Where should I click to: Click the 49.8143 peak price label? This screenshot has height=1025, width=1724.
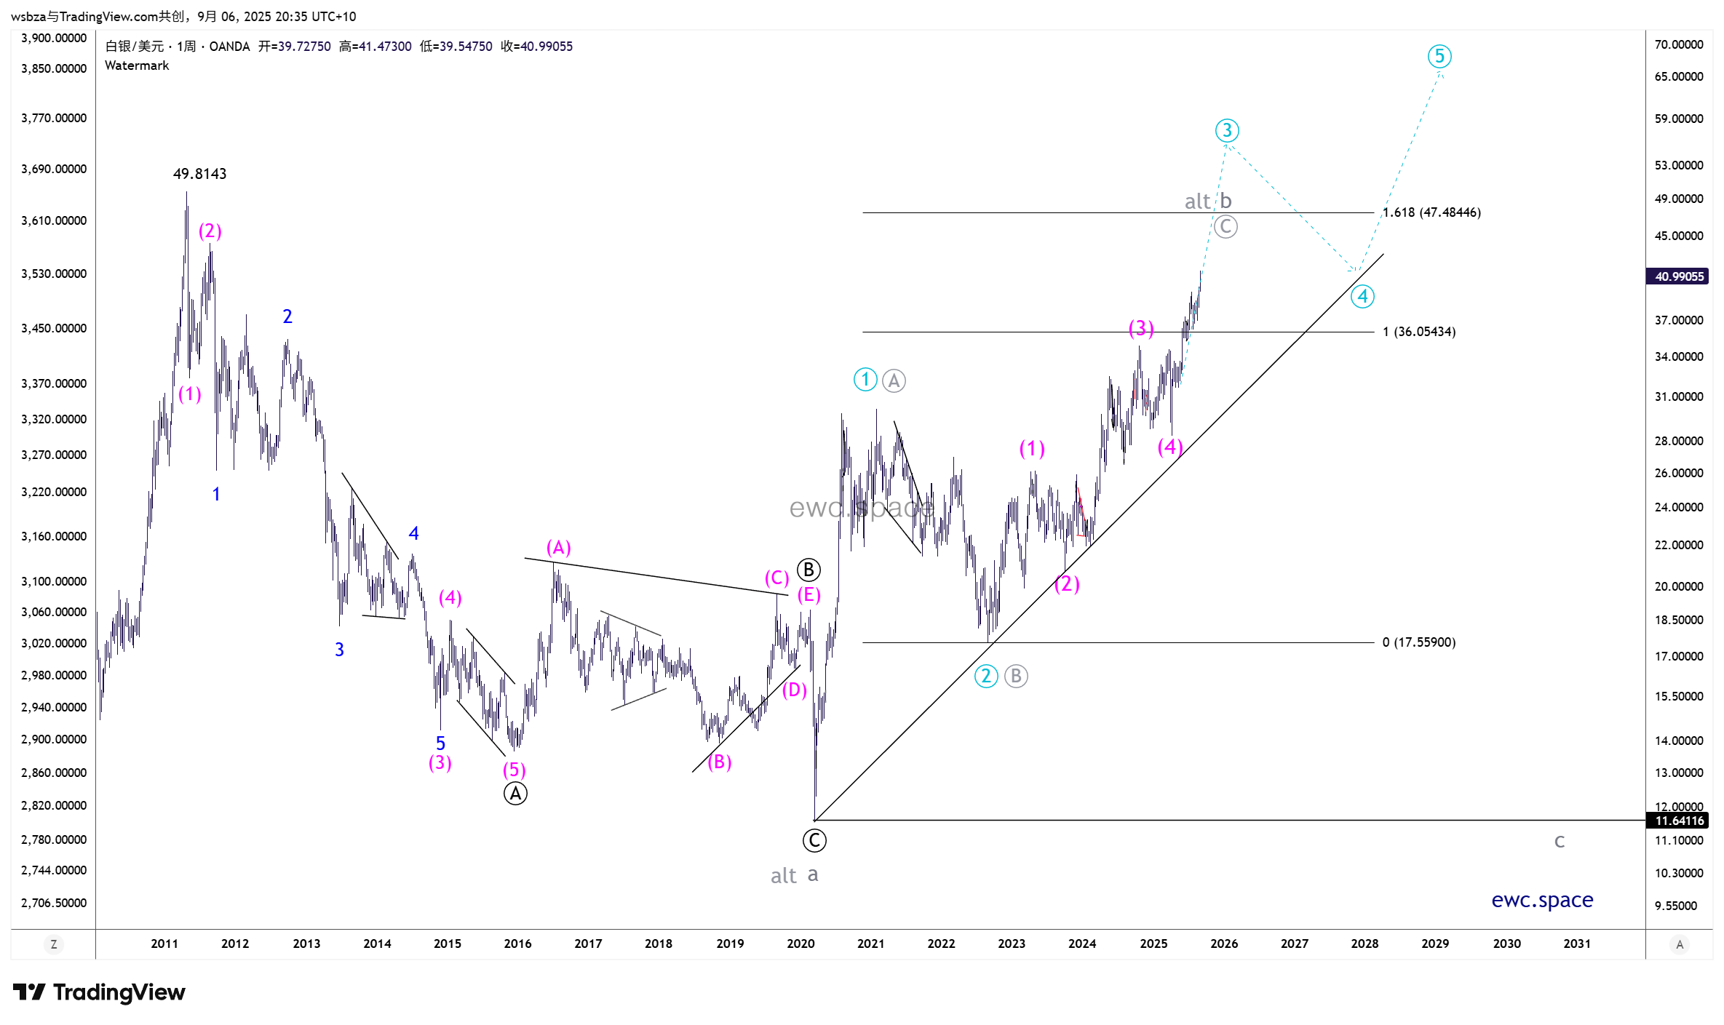[x=199, y=174]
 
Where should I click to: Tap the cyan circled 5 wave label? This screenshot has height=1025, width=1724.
[x=1439, y=56]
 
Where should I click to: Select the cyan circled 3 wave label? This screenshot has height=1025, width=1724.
[x=1227, y=130]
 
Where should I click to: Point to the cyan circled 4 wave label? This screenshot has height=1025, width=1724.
[x=1362, y=296]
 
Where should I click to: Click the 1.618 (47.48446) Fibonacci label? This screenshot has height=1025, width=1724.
[x=1431, y=212]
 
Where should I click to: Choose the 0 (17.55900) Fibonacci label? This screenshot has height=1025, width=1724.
[x=1418, y=642]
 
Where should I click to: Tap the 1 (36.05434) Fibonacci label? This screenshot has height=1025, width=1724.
[x=1418, y=332]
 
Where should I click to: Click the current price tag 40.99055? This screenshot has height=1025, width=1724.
[x=1677, y=276]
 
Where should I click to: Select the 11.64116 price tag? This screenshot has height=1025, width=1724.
[x=1677, y=821]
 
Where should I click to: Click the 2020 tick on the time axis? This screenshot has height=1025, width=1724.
[x=801, y=944]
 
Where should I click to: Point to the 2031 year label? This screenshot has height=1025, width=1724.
[x=1577, y=944]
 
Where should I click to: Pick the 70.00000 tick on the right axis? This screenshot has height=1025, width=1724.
[x=1678, y=44]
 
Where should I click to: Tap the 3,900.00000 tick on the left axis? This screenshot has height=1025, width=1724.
[x=54, y=38]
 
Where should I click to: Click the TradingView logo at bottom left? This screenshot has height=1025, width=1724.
[x=100, y=992]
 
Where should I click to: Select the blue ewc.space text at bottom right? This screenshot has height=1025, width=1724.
[x=1542, y=900]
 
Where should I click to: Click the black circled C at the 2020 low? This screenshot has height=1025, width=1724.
[x=814, y=841]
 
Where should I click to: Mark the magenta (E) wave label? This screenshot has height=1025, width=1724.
[x=809, y=595]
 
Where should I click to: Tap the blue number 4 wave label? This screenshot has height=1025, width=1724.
[x=413, y=533]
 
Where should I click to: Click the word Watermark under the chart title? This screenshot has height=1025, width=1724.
[x=137, y=65]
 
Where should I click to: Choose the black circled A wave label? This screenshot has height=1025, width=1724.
[x=515, y=794]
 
